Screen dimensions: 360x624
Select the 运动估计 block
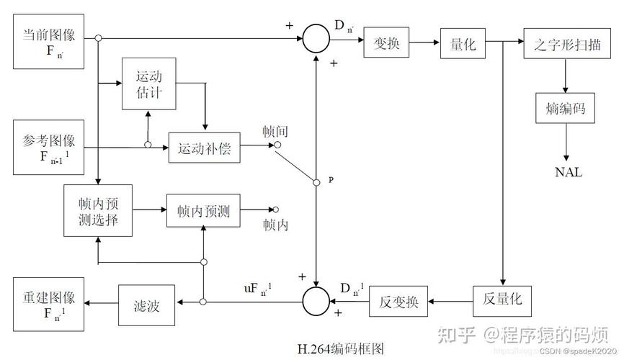click(x=148, y=84)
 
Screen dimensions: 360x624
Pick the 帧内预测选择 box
click(x=97, y=211)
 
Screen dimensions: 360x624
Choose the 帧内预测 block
click(x=202, y=211)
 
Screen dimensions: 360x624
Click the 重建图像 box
click(x=48, y=303)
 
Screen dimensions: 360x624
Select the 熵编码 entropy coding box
click(x=564, y=109)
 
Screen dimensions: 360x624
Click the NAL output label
click(x=568, y=172)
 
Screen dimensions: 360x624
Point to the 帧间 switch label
click(x=275, y=131)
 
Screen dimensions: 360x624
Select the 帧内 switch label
click(x=275, y=225)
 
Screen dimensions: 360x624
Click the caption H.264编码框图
click(x=336, y=349)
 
